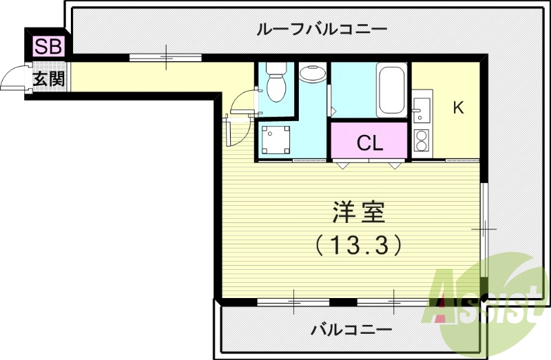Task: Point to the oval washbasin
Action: tap(313, 72)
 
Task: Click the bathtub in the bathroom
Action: tap(391, 90)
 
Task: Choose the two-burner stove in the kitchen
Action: tap(421, 140)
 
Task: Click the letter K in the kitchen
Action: tap(457, 107)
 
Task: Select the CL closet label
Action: tap(370, 142)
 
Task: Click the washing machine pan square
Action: tap(276, 141)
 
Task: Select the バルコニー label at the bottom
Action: tap(340, 328)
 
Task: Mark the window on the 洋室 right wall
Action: tap(484, 227)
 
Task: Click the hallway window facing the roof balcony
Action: tap(167, 57)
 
